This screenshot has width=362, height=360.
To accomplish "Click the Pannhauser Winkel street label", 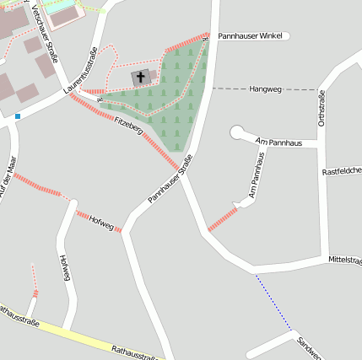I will pyautogui.click(x=250, y=36).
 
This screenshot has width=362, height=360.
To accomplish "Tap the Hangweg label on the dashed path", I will pyautogui.click(x=263, y=89).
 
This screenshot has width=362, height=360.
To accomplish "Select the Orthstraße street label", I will pyautogui.click(x=321, y=110).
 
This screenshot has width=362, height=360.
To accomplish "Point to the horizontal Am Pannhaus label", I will pyautogui.click(x=278, y=142).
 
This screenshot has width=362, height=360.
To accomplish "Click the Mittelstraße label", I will pyautogui.click(x=344, y=261).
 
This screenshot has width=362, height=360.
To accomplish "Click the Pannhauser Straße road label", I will pyautogui.click(x=170, y=178).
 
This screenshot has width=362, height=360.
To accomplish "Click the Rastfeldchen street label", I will pyautogui.click(x=342, y=171).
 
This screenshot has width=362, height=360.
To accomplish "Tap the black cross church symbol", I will pyautogui.click(x=140, y=77).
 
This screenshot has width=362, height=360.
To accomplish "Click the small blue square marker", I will pyautogui.click(x=17, y=116).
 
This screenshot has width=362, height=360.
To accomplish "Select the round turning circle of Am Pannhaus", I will pyautogui.click(x=237, y=132).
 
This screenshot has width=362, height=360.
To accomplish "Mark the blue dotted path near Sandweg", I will pyautogui.click(x=274, y=302).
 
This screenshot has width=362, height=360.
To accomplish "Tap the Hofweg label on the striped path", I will pyautogui.click(x=101, y=221).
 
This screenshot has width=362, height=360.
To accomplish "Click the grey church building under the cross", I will pyautogui.click(x=144, y=79).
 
